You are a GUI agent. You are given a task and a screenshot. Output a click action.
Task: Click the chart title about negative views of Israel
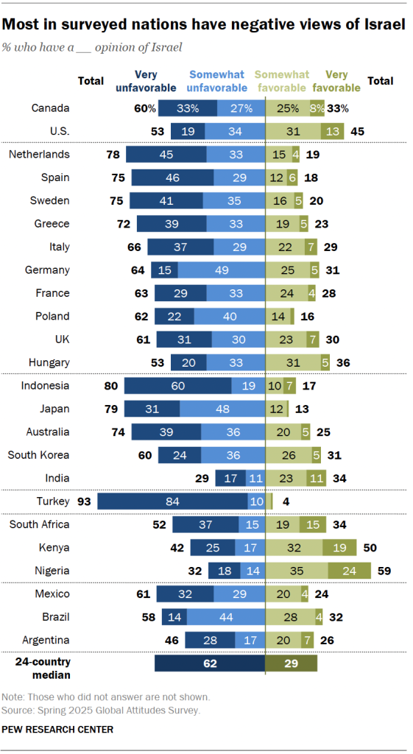coord(203,24)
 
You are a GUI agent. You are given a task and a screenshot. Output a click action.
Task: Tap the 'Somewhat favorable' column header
coord(278,81)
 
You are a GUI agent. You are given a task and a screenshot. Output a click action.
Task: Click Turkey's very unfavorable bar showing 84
coord(172,501)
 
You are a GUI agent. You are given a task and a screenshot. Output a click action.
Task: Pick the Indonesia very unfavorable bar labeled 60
coord(177,386)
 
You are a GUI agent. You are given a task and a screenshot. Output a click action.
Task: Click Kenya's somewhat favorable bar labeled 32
coord(294,548)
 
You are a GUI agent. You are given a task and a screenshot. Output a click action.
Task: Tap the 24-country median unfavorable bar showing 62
coord(210,663)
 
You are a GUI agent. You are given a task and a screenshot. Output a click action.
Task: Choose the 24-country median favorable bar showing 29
coord(292,663)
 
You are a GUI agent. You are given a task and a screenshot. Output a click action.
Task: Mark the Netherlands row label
coord(39,154)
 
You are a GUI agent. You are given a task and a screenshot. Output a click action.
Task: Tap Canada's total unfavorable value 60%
coord(144,109)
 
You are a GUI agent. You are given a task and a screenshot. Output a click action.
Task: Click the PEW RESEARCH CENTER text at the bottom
coord(58,730)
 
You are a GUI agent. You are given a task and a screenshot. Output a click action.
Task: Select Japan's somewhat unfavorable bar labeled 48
coord(222,409)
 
